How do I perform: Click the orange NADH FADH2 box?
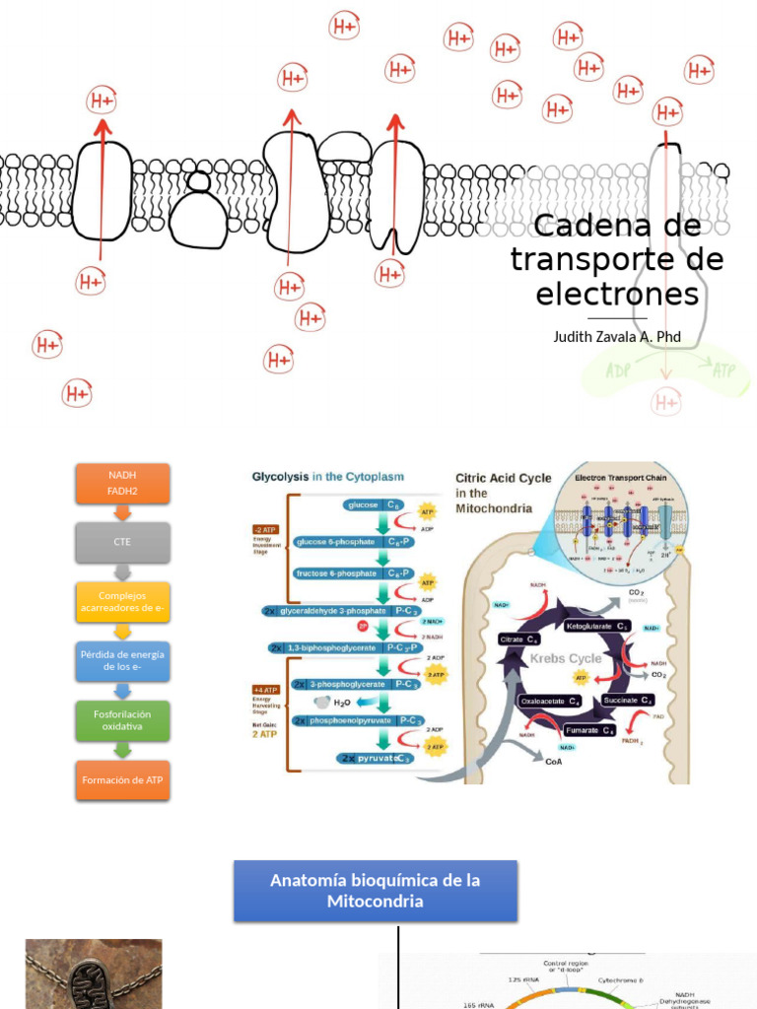click(123, 483)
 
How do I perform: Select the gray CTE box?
click(123, 541)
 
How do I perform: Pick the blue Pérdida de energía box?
click(123, 660)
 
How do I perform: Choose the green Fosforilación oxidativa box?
click(123, 719)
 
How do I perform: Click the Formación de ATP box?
click(123, 779)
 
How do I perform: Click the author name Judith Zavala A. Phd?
click(617, 337)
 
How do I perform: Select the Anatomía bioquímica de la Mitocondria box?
click(375, 891)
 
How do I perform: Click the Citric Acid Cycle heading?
click(503, 478)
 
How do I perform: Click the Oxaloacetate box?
click(550, 701)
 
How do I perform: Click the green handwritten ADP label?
click(619, 371)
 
